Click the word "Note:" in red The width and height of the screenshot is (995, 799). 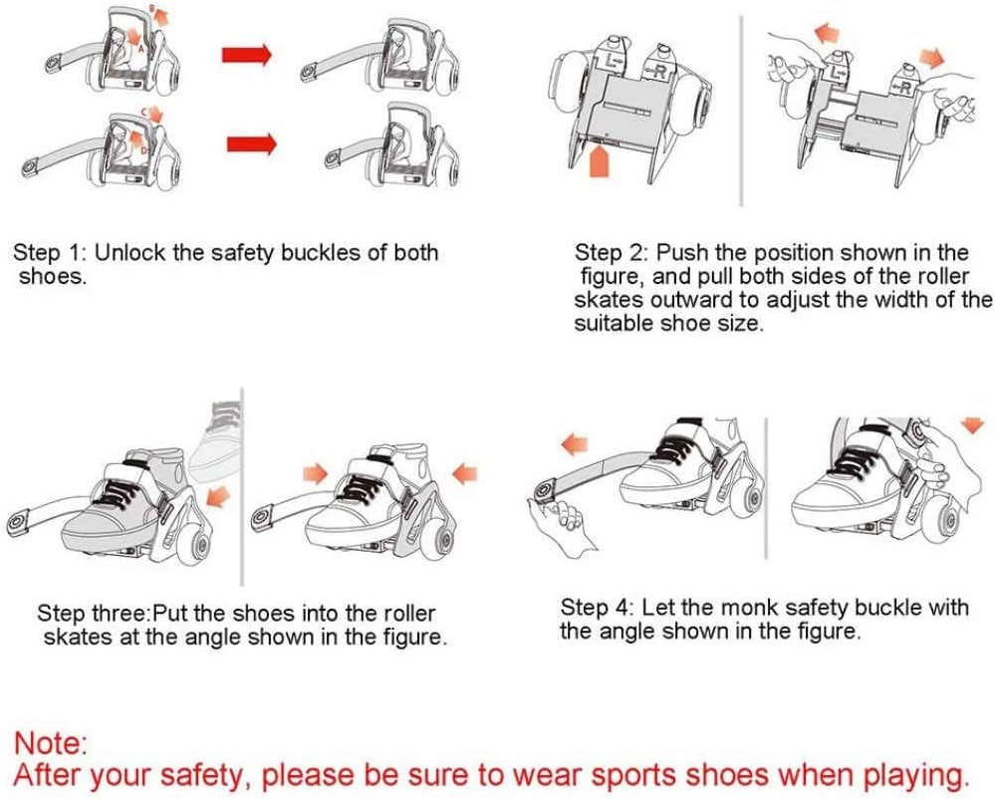coord(50,742)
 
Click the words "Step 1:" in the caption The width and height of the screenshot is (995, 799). coord(51,253)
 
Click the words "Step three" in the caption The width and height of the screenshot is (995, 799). coord(92,614)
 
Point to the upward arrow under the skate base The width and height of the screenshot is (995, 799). coord(600,160)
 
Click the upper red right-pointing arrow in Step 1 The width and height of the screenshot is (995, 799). coord(247,55)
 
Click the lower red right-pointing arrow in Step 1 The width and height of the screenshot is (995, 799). coord(252,144)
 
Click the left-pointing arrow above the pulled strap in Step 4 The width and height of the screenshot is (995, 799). coord(575,444)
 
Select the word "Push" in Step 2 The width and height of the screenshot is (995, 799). coord(682,253)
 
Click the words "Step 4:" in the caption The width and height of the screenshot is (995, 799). coord(598,608)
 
